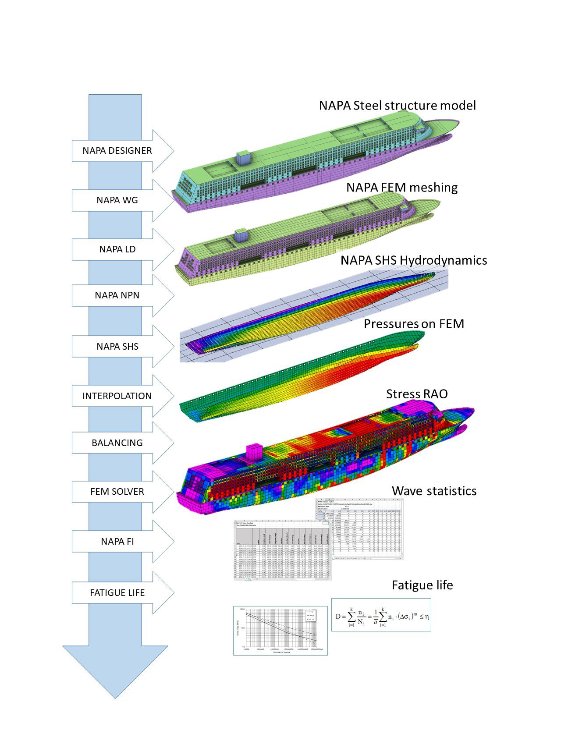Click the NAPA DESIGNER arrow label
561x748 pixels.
pos(117,151)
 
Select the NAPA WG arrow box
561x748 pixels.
pos(117,200)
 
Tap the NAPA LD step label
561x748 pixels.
pos(117,249)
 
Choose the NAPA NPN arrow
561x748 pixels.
pos(117,295)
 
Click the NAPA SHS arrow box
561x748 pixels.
pos(117,347)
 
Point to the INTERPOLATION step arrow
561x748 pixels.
pos(117,396)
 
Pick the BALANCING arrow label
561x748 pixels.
pos(117,443)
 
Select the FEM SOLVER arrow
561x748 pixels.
pos(117,492)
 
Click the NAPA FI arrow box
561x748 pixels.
pos(117,542)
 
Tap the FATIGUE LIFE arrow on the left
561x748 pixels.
pos(117,593)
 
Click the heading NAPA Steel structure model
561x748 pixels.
pos(397,106)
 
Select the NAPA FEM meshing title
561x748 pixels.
pos(401,188)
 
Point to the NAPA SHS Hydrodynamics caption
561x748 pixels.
pos(413,260)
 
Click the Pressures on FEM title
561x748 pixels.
pos(413,324)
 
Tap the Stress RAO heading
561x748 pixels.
pos(416,394)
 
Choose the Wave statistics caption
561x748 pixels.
pos(434,491)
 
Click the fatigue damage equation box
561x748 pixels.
pos(381,615)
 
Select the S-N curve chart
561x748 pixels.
pos(280,631)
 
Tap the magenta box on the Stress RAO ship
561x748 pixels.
pos(254,452)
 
